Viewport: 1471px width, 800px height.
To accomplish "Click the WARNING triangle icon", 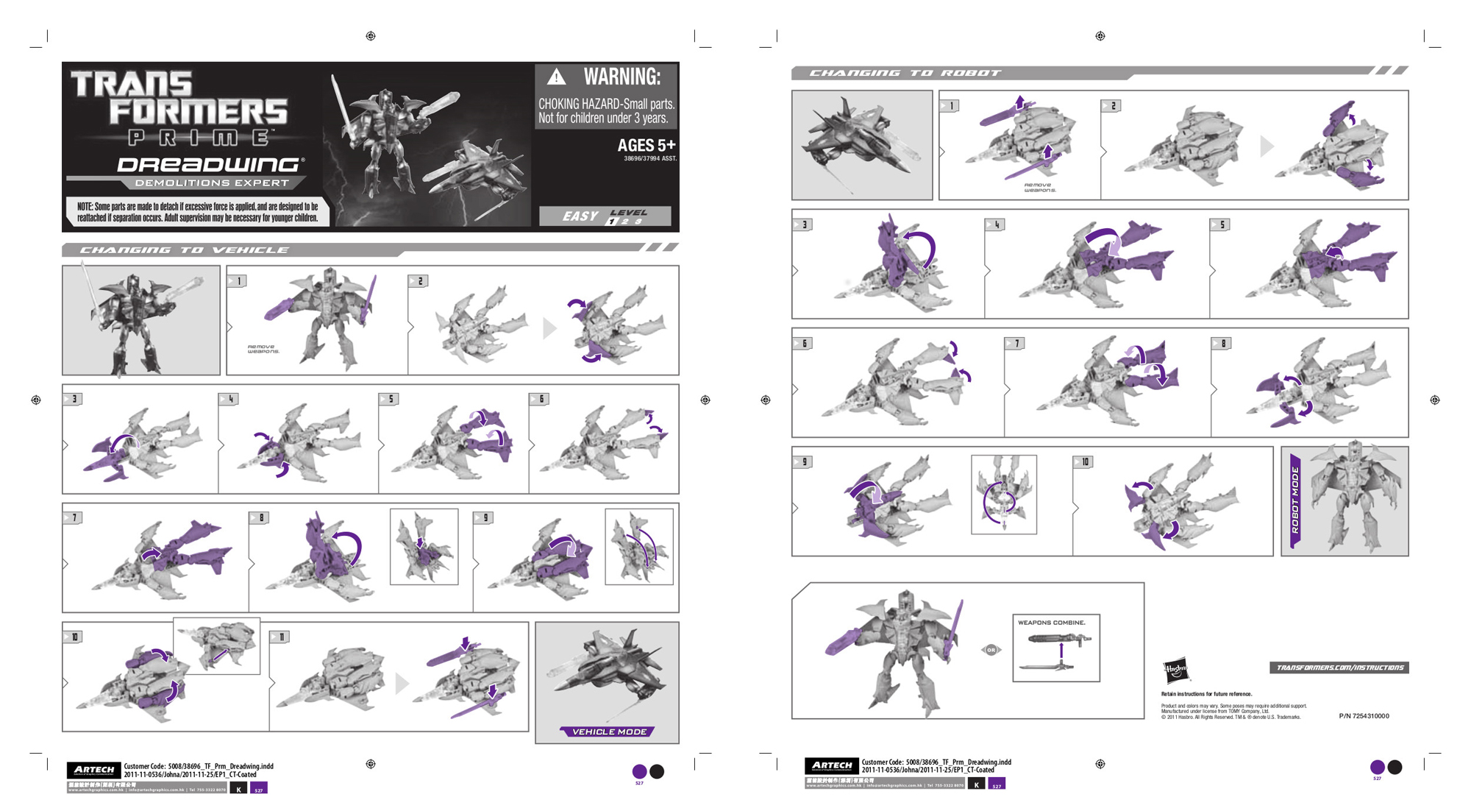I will click(x=557, y=77).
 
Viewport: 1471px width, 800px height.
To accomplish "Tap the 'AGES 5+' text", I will click(x=646, y=145).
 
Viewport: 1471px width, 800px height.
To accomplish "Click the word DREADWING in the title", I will click(x=210, y=166).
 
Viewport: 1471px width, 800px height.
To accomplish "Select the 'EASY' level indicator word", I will click(x=580, y=216).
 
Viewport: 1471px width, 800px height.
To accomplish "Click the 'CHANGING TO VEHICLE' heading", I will click(x=184, y=250).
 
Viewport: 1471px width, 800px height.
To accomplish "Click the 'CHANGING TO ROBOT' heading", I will click(x=905, y=73).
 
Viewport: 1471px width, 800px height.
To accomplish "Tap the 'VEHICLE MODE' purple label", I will click(x=608, y=732).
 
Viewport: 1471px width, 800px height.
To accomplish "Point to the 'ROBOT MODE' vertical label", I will click(x=1295, y=500).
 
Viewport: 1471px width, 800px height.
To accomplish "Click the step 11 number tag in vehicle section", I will click(x=280, y=637).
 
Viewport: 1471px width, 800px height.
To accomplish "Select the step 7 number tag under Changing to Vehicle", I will click(x=73, y=518).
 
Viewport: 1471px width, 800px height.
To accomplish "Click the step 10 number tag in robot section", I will click(x=1083, y=462).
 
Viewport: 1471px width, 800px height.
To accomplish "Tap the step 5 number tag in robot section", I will click(x=1220, y=225).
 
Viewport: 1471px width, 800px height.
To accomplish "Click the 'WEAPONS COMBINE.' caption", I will click(x=1051, y=623).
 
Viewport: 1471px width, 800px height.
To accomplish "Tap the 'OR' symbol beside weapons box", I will click(x=991, y=650).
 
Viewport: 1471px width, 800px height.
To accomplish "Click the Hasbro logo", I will click(x=1175, y=670).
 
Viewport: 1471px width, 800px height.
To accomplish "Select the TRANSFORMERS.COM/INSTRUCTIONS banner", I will click(x=1339, y=668).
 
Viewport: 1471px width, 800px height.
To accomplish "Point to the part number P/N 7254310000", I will click(x=1364, y=716).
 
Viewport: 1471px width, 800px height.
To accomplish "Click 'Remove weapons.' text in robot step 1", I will click(x=1039, y=188).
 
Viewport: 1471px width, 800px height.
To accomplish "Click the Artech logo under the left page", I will click(x=94, y=770).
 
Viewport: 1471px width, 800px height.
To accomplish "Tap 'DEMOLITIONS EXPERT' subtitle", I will click(x=211, y=183).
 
